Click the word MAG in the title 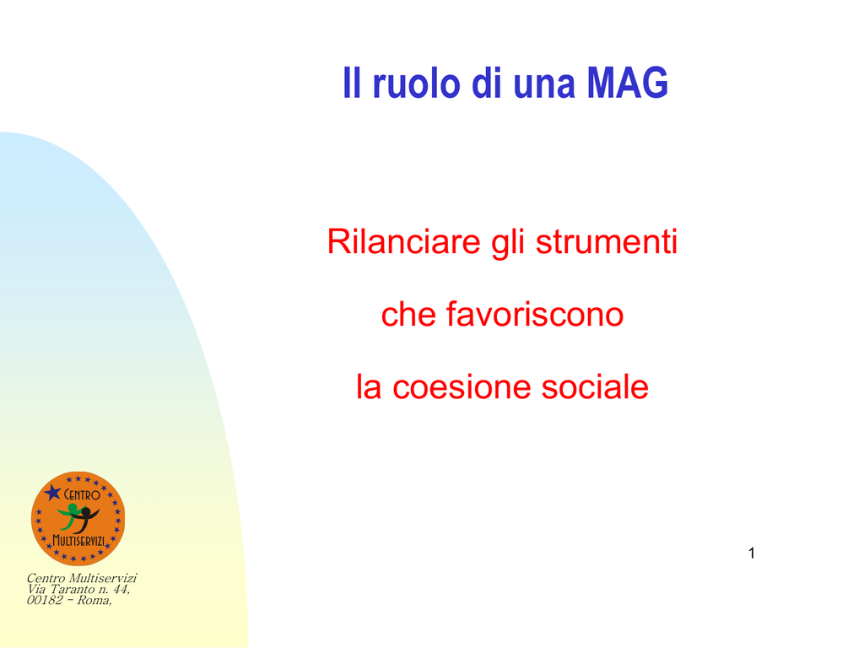click(x=627, y=83)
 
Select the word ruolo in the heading click(x=417, y=83)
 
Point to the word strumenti click(x=606, y=242)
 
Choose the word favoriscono click(x=534, y=314)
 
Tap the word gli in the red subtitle click(x=507, y=242)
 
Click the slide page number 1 click(x=752, y=553)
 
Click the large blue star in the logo click(x=52, y=492)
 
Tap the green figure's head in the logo click(x=73, y=508)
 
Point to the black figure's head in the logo click(x=85, y=513)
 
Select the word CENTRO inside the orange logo click(x=82, y=494)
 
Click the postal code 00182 click(x=45, y=600)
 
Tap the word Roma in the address click(x=94, y=600)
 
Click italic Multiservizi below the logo click(x=103, y=578)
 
